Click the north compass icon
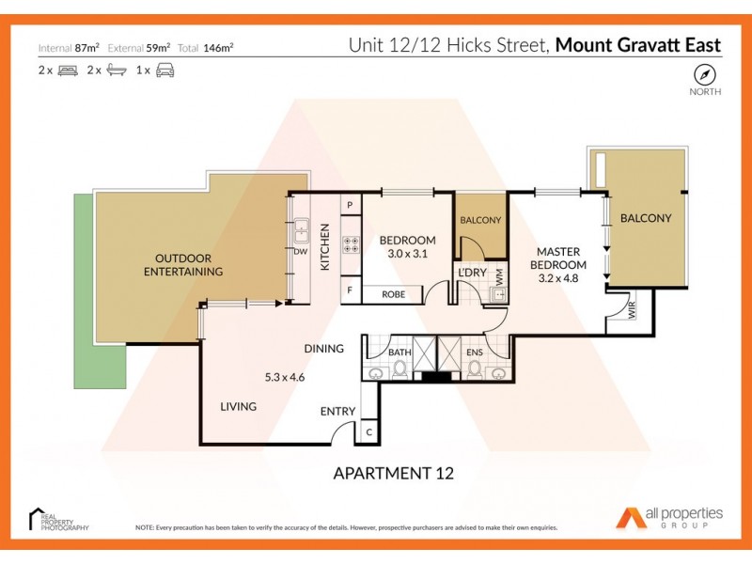[x=705, y=74]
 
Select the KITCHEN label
[x=325, y=247]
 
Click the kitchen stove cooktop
[x=351, y=245]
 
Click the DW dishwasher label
[x=301, y=252]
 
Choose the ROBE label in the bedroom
[x=394, y=294]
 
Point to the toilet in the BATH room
[x=400, y=369]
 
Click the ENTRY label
[x=337, y=411]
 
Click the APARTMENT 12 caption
[x=394, y=473]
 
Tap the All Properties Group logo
[x=669, y=517]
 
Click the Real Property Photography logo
[x=58, y=520]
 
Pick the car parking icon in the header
[x=166, y=70]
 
